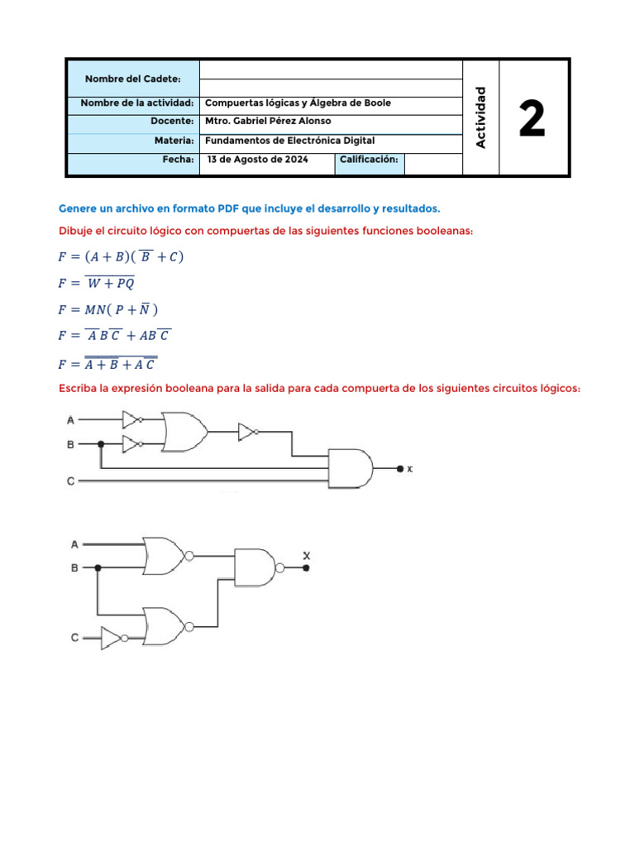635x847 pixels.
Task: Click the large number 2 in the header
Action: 532,118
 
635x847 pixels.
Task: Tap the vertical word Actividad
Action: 481,117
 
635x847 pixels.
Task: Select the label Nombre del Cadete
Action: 132,79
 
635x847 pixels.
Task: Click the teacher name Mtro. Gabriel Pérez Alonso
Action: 267,121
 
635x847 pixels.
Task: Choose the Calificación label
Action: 369,159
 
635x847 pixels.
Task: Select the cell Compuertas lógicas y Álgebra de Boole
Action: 297,103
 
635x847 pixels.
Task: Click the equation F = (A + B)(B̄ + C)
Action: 121,256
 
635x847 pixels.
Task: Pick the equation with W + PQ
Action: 96,283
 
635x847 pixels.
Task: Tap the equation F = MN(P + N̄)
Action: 107,309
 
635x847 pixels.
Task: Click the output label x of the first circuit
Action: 409,469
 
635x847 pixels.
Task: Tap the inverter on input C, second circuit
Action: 112,638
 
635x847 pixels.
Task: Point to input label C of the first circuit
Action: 71,481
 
